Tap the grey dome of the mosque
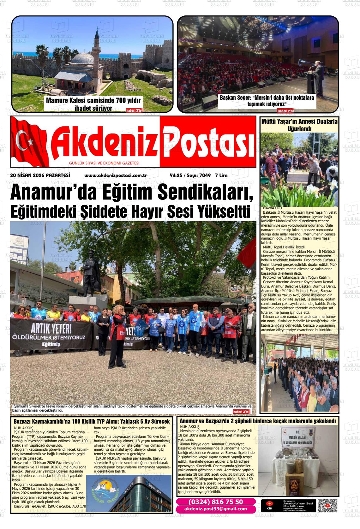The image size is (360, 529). click(x=83, y=58)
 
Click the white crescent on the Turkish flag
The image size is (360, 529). click(x=23, y=140)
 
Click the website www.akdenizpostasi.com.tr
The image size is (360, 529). click(x=116, y=175)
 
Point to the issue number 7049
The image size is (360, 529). click(x=205, y=175)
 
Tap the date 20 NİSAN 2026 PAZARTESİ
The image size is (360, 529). click(x=40, y=175)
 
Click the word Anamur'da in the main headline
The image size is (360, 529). click(x=46, y=193)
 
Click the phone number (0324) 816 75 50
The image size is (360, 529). click(x=216, y=502)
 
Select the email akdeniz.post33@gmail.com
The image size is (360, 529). click(x=216, y=508)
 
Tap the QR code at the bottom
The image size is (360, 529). click(x=327, y=506)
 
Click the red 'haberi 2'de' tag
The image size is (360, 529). click(x=285, y=111)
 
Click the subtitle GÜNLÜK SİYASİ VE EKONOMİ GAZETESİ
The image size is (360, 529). click(x=104, y=163)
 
